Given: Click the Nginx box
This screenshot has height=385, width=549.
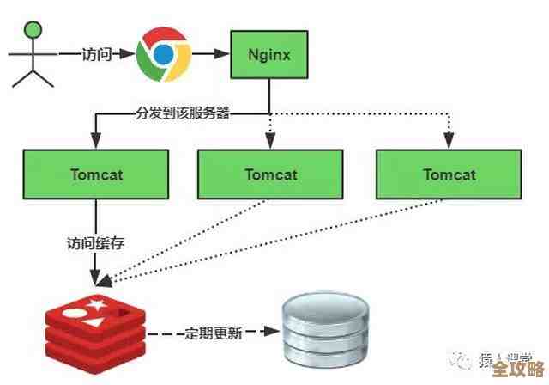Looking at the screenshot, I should pyautogui.click(x=269, y=54).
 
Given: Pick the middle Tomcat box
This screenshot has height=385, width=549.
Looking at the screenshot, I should pyautogui.click(x=269, y=174).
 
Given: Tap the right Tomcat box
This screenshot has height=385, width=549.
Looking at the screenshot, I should pyautogui.click(x=448, y=174).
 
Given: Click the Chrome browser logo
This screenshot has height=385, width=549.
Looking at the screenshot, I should pyautogui.click(x=163, y=53).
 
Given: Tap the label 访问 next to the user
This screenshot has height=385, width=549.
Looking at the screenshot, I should pyautogui.click(x=97, y=53).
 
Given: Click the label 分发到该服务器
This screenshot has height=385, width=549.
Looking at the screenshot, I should pyautogui.click(x=182, y=113).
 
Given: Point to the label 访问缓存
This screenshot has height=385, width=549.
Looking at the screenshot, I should pyautogui.click(x=95, y=242).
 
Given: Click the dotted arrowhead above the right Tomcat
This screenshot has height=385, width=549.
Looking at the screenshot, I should pyautogui.click(x=448, y=142).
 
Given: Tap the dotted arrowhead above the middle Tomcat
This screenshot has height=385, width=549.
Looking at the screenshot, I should pyautogui.click(x=269, y=142).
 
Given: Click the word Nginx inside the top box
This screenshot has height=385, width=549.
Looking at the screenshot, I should pyautogui.click(x=269, y=54).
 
